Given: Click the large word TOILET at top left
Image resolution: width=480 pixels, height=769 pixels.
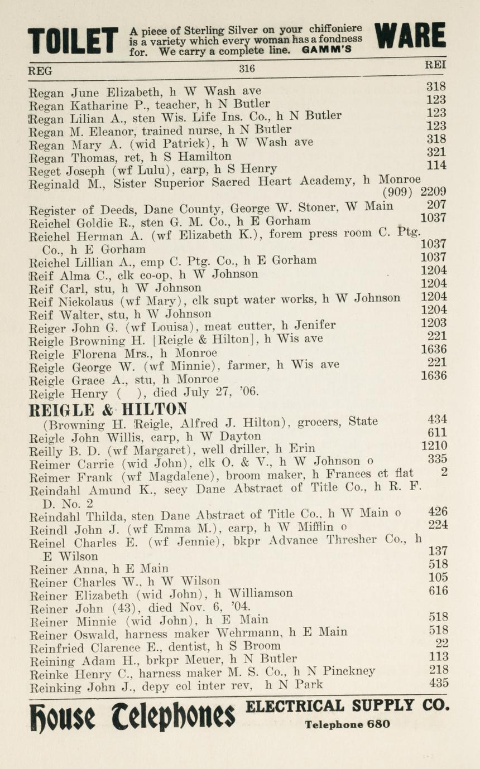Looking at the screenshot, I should click(x=73, y=40).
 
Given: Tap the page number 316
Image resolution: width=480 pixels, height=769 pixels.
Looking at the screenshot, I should click(x=247, y=69).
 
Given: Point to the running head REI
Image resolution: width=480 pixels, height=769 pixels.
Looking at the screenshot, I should click(x=435, y=65).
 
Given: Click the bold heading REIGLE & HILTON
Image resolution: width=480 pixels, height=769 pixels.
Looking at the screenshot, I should click(x=108, y=409).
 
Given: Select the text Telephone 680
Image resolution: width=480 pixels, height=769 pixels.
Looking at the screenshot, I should click(x=347, y=725).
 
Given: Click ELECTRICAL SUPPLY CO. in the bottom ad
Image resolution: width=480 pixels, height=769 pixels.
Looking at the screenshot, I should click(x=347, y=705).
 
